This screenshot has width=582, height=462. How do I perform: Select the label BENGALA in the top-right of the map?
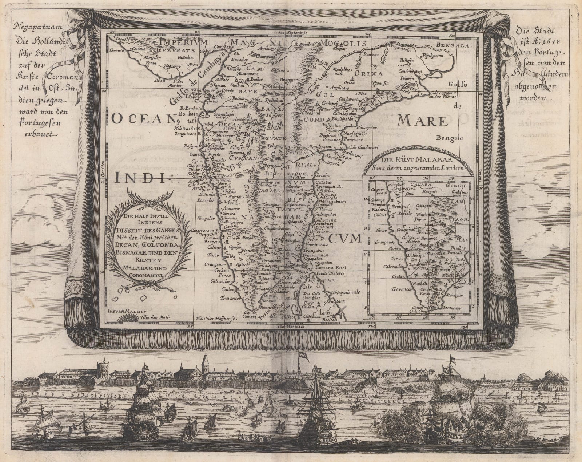[x=455, y=46]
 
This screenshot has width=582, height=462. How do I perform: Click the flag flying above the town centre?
[x=302, y=354]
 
